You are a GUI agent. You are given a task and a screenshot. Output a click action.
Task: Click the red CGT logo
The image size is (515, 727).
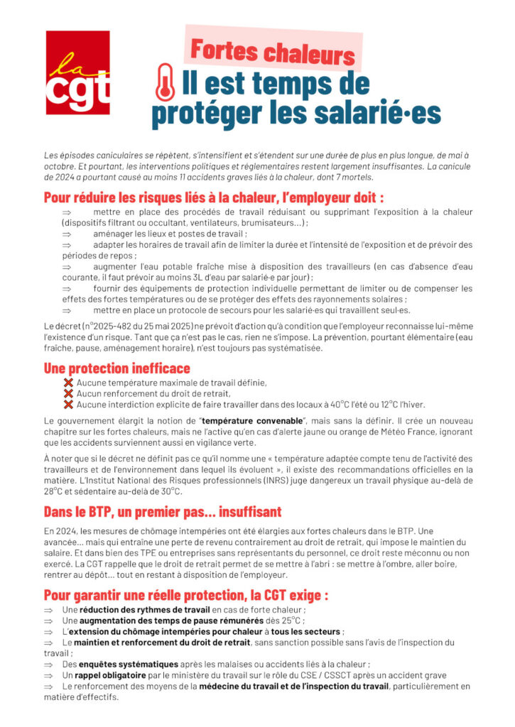(x=78, y=72)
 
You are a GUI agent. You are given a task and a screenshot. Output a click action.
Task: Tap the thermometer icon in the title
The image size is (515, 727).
(x=165, y=82)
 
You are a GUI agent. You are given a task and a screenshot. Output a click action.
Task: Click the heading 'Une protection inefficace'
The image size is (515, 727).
(x=117, y=368)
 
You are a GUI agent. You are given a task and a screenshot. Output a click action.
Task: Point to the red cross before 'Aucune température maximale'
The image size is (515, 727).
(x=69, y=383)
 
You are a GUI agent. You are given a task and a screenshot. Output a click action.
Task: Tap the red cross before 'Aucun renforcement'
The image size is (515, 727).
(x=69, y=393)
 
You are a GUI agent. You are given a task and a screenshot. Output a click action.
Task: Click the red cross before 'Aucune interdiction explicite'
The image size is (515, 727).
(x=69, y=405)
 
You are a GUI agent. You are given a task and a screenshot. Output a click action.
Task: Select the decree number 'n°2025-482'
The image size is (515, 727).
(x=106, y=325)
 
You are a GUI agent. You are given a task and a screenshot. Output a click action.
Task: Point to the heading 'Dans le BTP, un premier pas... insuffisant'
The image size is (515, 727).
(x=163, y=511)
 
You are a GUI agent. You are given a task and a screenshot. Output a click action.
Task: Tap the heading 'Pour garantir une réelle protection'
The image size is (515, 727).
(x=186, y=594)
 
